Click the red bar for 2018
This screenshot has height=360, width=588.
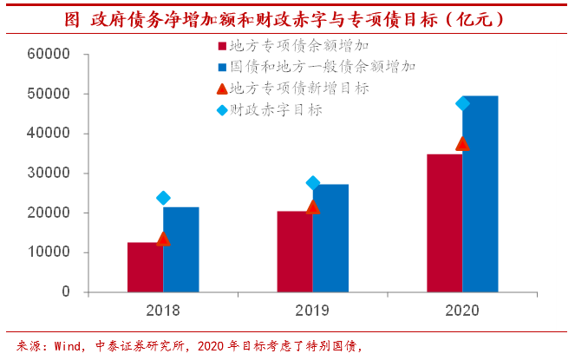point(145,267)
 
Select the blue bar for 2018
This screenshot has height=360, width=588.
point(180,250)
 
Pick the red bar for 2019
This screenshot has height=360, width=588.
point(295,252)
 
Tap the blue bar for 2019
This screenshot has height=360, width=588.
point(330,239)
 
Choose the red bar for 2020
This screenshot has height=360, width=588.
point(444,223)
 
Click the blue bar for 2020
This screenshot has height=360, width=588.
point(480,194)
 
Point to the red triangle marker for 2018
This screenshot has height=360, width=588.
point(163,239)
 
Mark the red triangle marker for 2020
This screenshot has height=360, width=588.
point(462,143)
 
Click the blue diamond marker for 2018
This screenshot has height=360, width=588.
point(163,198)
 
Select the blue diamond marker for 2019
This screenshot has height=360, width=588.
point(313,183)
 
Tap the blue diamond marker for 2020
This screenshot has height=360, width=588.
point(462,104)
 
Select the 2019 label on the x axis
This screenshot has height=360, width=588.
point(313,310)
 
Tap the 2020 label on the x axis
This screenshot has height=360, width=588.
point(462,310)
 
